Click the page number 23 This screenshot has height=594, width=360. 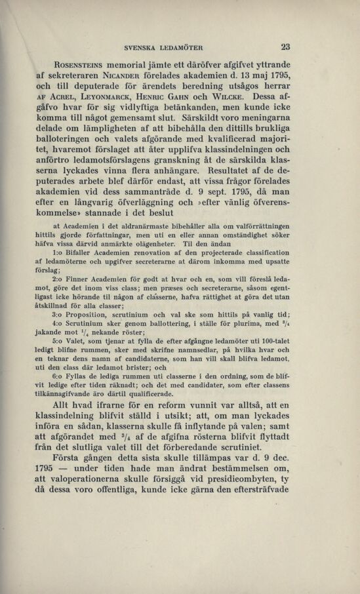(285, 47)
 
